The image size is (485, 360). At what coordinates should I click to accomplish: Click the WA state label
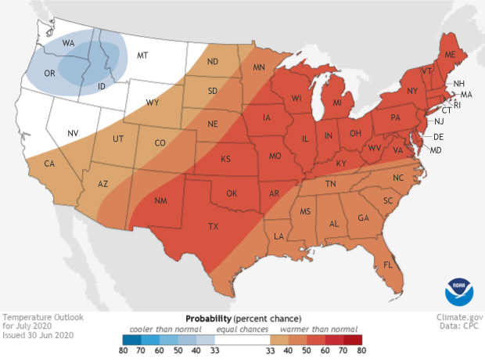point(68,42)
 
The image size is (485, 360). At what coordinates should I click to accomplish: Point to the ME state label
point(449,56)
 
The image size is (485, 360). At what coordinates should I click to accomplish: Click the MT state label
point(142,55)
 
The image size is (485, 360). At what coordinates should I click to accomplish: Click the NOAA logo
point(459,291)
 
